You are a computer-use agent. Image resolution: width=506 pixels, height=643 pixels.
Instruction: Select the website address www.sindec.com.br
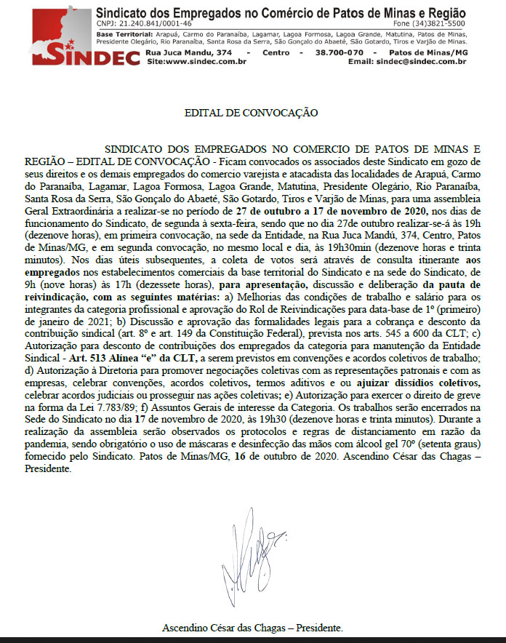pos(197,63)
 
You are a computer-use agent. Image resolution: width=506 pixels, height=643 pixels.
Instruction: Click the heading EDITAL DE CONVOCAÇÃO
pos(252,113)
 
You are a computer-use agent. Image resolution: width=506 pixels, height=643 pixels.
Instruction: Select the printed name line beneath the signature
pos(252,627)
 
